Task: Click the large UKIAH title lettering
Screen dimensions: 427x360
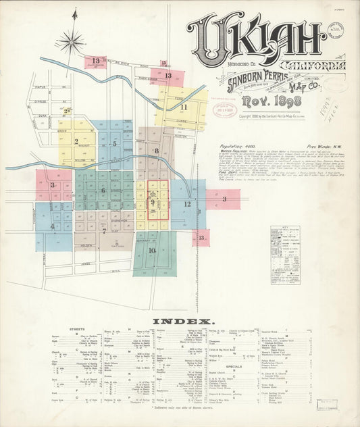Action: click(x=257, y=34)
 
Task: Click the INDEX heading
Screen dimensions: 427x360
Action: click(x=183, y=321)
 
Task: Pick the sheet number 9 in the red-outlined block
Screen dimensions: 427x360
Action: click(x=153, y=202)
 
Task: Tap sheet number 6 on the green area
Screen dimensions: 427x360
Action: click(x=103, y=191)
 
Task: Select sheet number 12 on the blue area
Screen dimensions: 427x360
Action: click(x=188, y=203)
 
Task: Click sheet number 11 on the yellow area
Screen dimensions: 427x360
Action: click(x=183, y=107)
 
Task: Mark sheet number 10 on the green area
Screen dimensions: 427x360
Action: click(x=152, y=250)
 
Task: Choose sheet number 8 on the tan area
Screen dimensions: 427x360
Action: click(x=156, y=151)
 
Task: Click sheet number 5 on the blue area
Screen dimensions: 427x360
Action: click(x=114, y=143)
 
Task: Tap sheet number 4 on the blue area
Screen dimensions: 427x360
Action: click(x=52, y=226)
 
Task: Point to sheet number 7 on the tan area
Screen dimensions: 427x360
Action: click(x=104, y=230)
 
